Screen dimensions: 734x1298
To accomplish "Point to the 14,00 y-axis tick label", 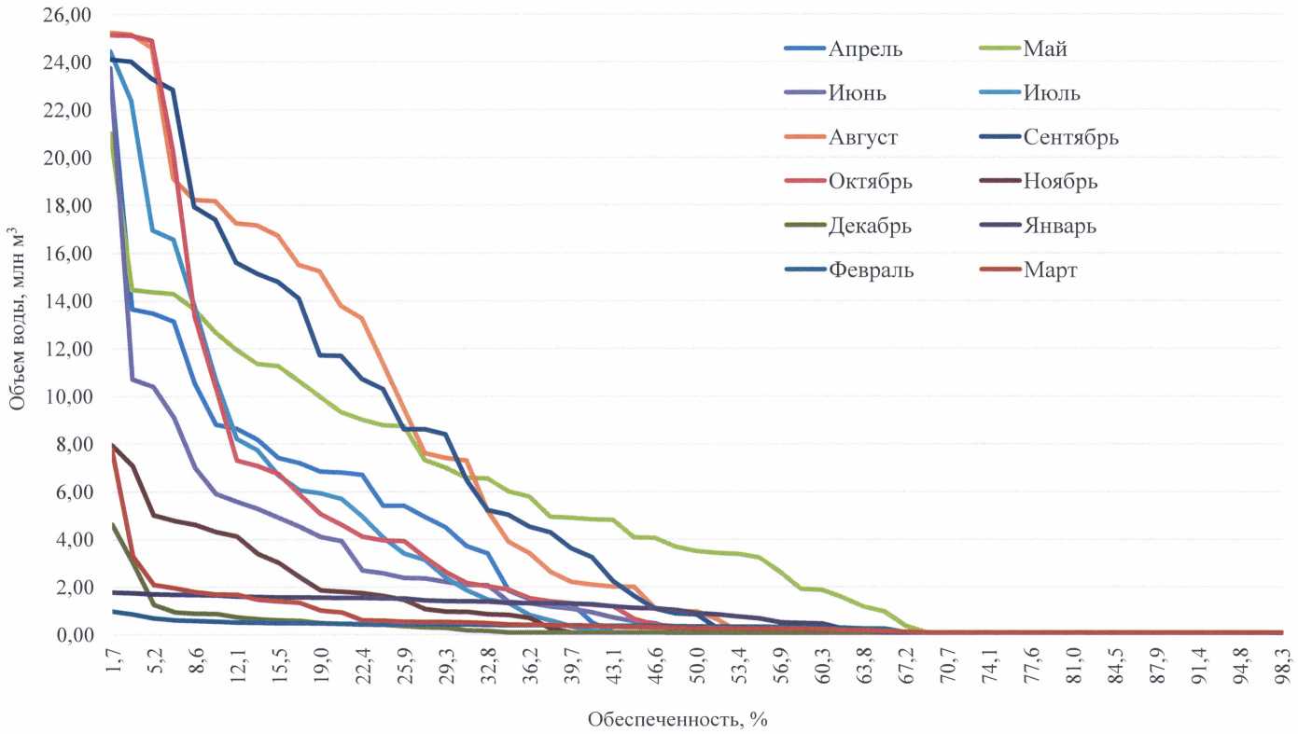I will pos(63,302).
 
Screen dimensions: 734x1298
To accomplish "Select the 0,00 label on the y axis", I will pos(68,636).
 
